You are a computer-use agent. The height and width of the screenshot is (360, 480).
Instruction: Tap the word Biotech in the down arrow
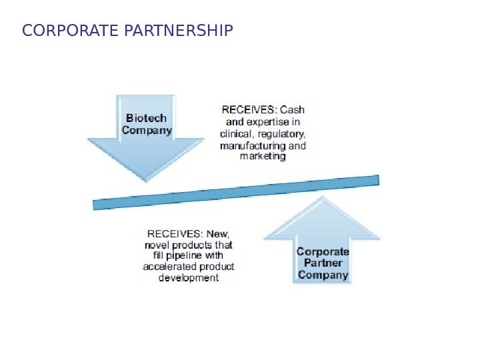coord(146,118)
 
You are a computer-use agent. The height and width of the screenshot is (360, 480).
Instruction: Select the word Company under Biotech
coord(146,131)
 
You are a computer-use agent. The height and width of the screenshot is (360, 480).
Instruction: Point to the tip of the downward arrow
coord(146,180)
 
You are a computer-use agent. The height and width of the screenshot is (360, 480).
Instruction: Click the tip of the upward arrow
coord(323,197)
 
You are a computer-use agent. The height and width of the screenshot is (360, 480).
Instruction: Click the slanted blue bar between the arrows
coord(236,193)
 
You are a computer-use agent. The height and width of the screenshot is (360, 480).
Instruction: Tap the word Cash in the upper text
coord(293,110)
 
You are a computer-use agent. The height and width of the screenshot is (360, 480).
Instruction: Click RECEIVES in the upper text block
coord(249,110)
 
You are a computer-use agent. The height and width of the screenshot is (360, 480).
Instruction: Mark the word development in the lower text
coord(189,278)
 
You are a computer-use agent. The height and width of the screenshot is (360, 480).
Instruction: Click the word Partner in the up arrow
coord(323,263)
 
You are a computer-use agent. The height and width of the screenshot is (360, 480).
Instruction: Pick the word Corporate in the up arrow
coord(323,252)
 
